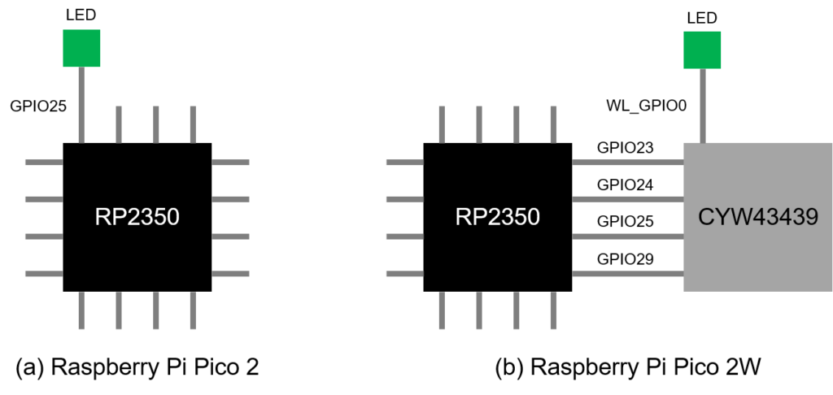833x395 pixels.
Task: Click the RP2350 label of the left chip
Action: [137, 218]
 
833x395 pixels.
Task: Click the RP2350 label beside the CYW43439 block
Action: [497, 218]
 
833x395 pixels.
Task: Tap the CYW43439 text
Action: [757, 218]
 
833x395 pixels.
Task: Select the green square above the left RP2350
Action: [81, 49]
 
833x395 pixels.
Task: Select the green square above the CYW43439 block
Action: [702, 50]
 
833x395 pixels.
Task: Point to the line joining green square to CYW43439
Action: [703, 106]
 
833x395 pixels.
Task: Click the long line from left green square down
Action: [81, 105]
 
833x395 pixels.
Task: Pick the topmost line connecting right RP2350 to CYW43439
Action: [627, 163]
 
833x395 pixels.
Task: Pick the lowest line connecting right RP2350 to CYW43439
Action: [627, 274]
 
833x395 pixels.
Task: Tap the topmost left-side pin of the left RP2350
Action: [44, 163]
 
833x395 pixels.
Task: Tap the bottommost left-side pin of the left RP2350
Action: [44, 274]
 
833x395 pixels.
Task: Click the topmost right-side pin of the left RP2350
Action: [230, 163]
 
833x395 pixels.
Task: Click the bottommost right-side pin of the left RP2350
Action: [230, 274]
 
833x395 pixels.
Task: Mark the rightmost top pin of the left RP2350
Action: [193, 124]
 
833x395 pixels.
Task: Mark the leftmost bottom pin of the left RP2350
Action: [81, 310]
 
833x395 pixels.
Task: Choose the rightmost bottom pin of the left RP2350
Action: [193, 310]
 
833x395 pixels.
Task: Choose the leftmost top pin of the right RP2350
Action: [442, 124]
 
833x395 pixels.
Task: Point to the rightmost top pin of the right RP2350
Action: [553, 124]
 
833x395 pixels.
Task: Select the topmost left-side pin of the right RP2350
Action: [404, 163]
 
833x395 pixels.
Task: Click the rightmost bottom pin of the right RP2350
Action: [553, 310]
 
